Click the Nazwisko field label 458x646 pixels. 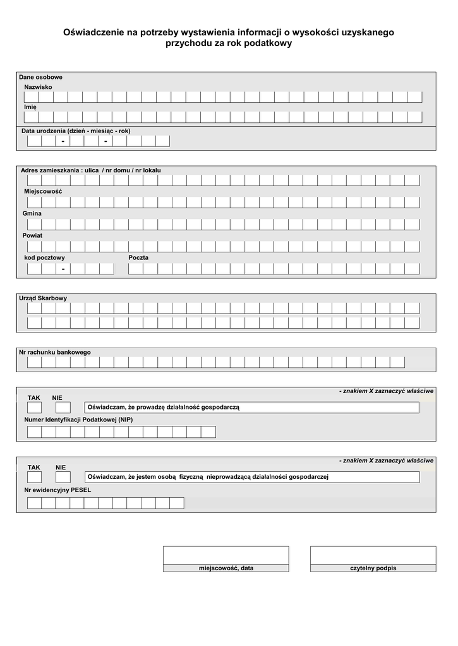coord(38,86)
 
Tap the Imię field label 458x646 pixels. coord(30,107)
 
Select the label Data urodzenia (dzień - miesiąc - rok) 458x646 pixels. coord(76,131)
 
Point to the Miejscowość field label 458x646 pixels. coord(43,191)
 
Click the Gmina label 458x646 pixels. coord(32,213)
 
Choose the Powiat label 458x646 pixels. coord(33,235)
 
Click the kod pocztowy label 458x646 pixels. coord(44,257)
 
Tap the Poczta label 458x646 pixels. coord(138,257)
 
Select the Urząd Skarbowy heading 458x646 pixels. coord(43,298)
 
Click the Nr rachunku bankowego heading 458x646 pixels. coord(55,352)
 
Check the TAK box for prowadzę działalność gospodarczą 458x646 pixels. coord(34,408)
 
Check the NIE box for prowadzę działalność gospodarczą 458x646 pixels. coord(63,408)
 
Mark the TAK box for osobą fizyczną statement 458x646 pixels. coord(34,477)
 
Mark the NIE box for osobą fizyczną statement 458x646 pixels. coord(63,477)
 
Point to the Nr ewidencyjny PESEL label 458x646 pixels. coord(57,490)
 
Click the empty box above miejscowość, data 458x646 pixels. coord(226,555)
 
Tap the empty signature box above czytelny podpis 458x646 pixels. coord(373,555)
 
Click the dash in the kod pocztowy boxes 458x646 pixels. coord(63,269)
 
